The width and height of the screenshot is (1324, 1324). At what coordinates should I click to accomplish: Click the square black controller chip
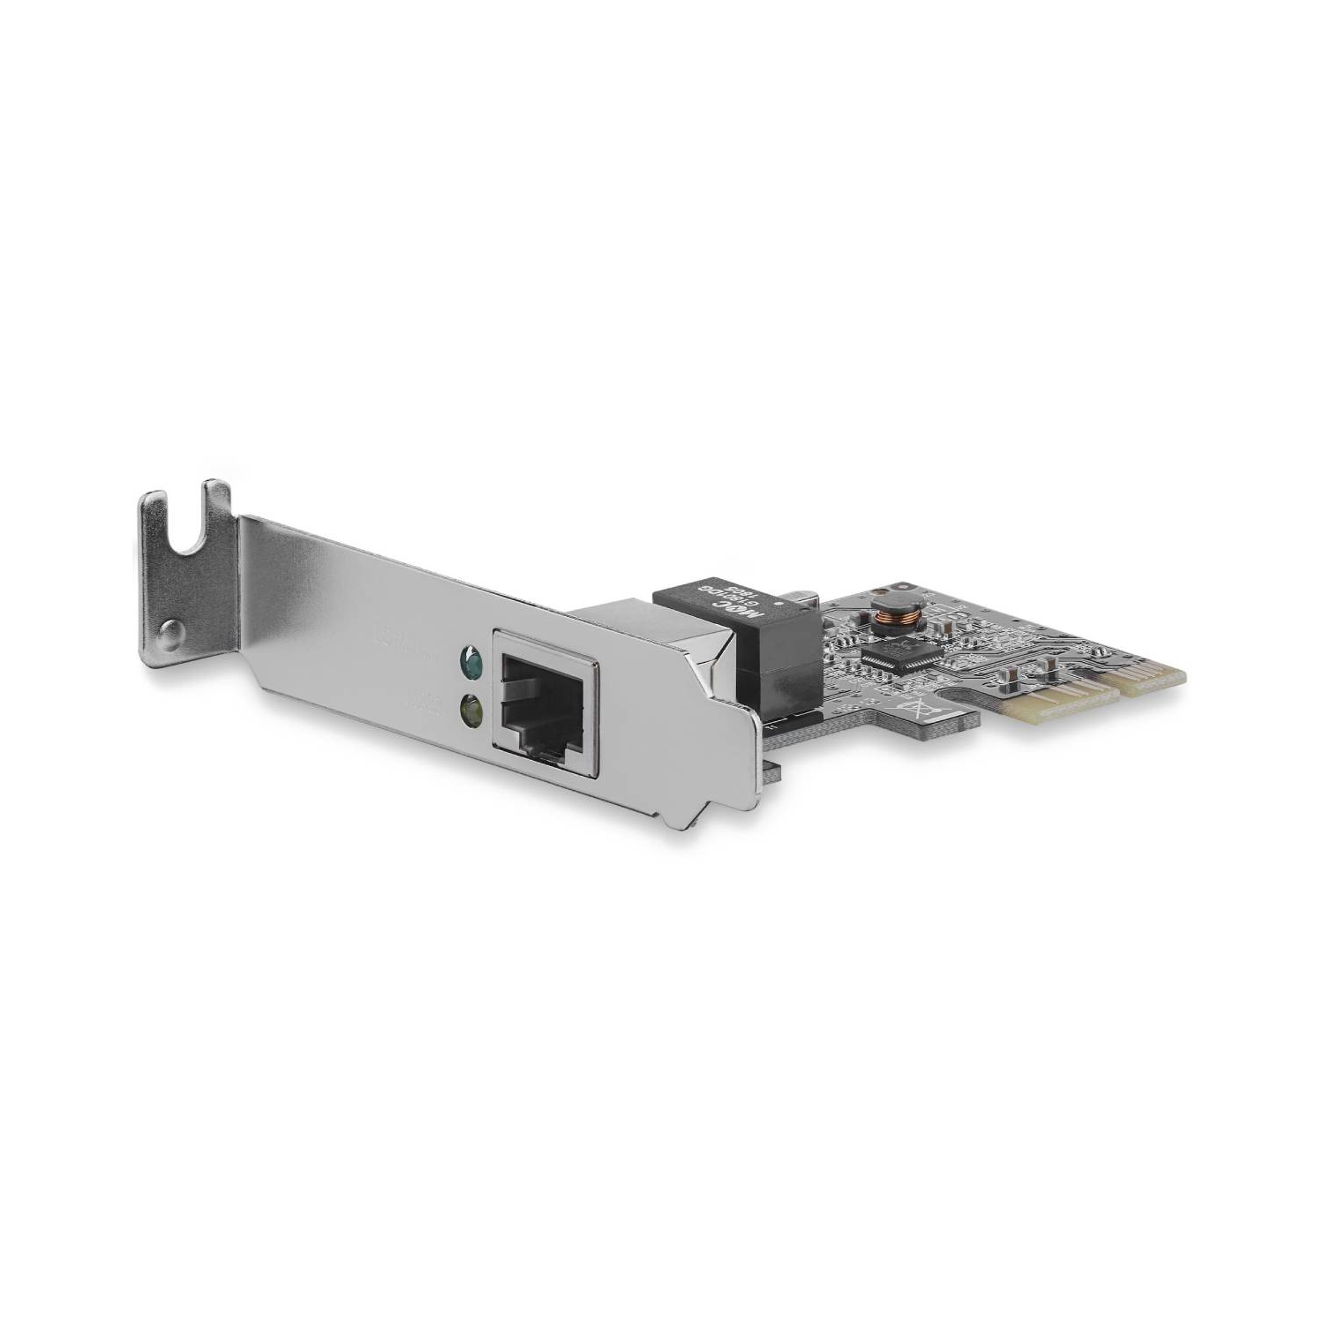pyautogui.click(x=892, y=657)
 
